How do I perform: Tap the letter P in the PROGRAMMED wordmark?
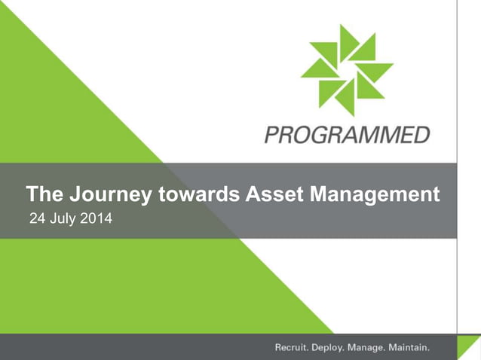click(x=271, y=136)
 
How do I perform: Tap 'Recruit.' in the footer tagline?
click(x=292, y=348)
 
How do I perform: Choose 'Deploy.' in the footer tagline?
click(x=329, y=348)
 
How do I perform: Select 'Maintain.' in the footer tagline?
click(x=409, y=348)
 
